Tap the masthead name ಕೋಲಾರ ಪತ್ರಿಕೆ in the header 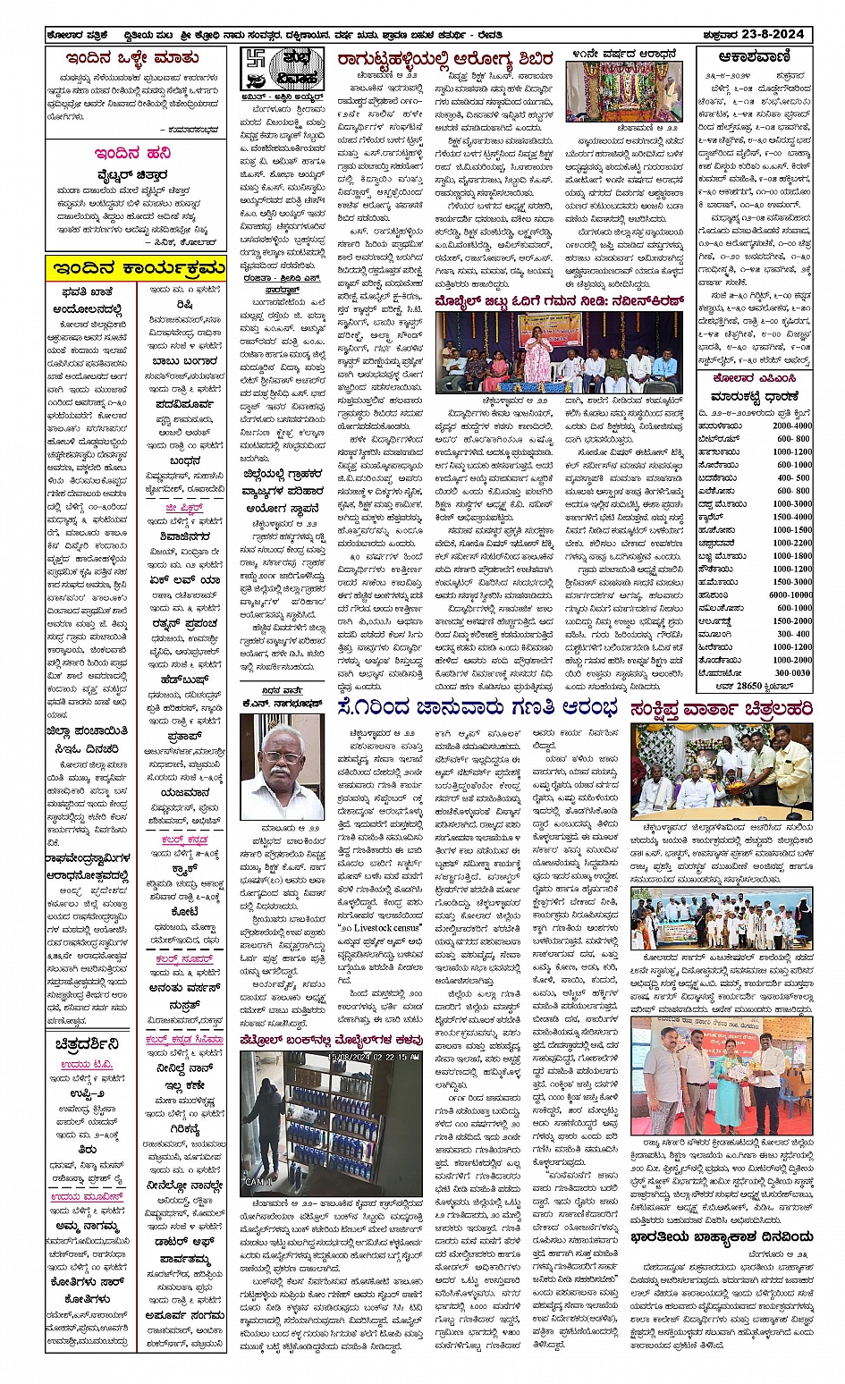pyautogui.click(x=79, y=36)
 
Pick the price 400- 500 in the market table pyautogui.click(x=794, y=477)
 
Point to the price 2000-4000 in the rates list pyautogui.click(x=792, y=426)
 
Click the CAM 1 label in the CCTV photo pyautogui.click(x=259, y=1182)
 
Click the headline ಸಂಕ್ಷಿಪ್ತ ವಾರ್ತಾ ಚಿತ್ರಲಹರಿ pyautogui.click(x=721, y=709)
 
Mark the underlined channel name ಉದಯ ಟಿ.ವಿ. pyautogui.click(x=88, y=1065)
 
